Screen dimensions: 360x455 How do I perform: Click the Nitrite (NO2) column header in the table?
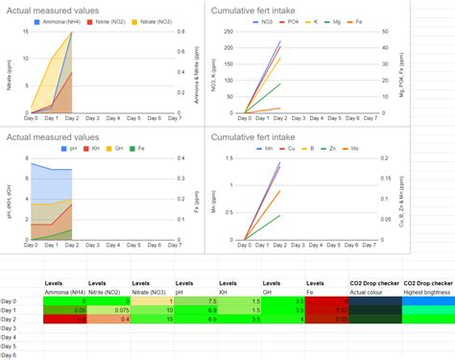click(x=108, y=291)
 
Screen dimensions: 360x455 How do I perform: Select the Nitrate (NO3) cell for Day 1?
click(x=153, y=310)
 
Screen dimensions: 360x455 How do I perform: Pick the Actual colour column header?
click(x=370, y=291)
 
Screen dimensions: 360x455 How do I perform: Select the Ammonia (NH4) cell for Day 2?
click(x=64, y=319)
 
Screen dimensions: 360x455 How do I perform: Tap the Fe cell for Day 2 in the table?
click(x=326, y=319)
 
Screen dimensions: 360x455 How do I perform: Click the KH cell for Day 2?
click(x=239, y=319)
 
